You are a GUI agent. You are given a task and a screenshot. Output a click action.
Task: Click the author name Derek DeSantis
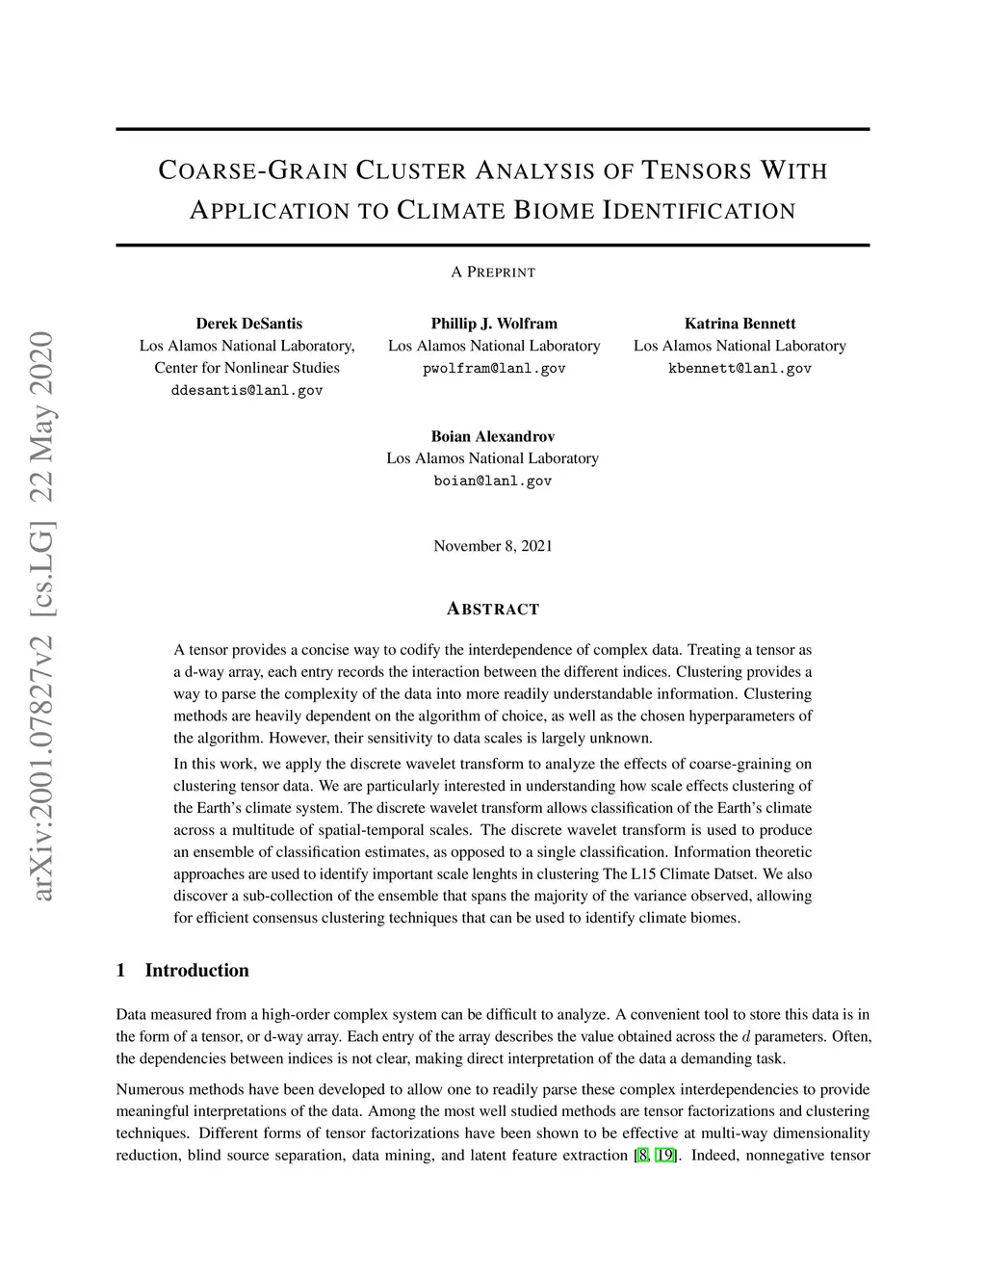(x=248, y=324)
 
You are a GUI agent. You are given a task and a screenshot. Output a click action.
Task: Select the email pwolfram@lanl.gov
(x=494, y=369)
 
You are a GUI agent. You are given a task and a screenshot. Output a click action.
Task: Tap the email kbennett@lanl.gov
(x=739, y=369)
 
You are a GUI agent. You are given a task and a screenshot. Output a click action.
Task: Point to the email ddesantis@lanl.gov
(x=246, y=391)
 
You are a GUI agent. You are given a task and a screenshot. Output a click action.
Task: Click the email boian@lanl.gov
(x=492, y=482)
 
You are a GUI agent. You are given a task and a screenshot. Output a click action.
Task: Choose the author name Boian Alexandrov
(x=492, y=436)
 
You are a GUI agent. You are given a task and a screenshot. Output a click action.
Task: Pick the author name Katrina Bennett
(x=739, y=324)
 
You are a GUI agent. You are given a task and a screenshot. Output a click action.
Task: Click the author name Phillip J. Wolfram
(x=494, y=324)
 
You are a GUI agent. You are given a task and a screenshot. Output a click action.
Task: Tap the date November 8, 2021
(x=493, y=546)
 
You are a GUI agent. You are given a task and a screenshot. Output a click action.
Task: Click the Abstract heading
(x=493, y=609)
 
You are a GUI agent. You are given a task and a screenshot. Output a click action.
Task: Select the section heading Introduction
(x=196, y=971)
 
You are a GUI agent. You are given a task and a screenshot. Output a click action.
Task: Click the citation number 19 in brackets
(x=664, y=1156)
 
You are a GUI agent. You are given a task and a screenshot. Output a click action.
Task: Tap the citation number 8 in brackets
(x=642, y=1156)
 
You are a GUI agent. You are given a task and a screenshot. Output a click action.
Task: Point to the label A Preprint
(x=493, y=273)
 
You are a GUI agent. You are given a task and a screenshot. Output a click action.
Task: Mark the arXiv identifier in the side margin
(x=43, y=616)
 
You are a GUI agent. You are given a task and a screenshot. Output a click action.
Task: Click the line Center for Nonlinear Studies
(x=246, y=368)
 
